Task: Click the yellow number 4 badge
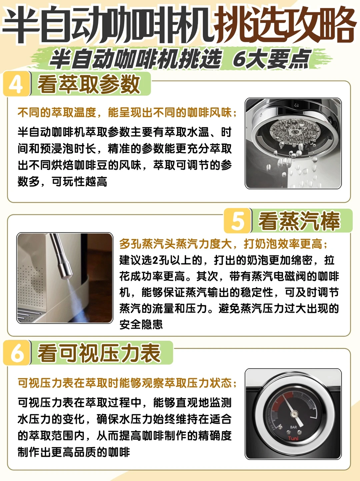click(16, 84)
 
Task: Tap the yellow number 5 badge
click(238, 221)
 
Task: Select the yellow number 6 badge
click(17, 353)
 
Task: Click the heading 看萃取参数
click(89, 84)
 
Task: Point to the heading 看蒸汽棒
click(299, 221)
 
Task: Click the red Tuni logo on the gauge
click(293, 438)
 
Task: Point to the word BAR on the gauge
click(293, 427)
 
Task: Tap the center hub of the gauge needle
click(294, 414)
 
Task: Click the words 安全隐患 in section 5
click(141, 324)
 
